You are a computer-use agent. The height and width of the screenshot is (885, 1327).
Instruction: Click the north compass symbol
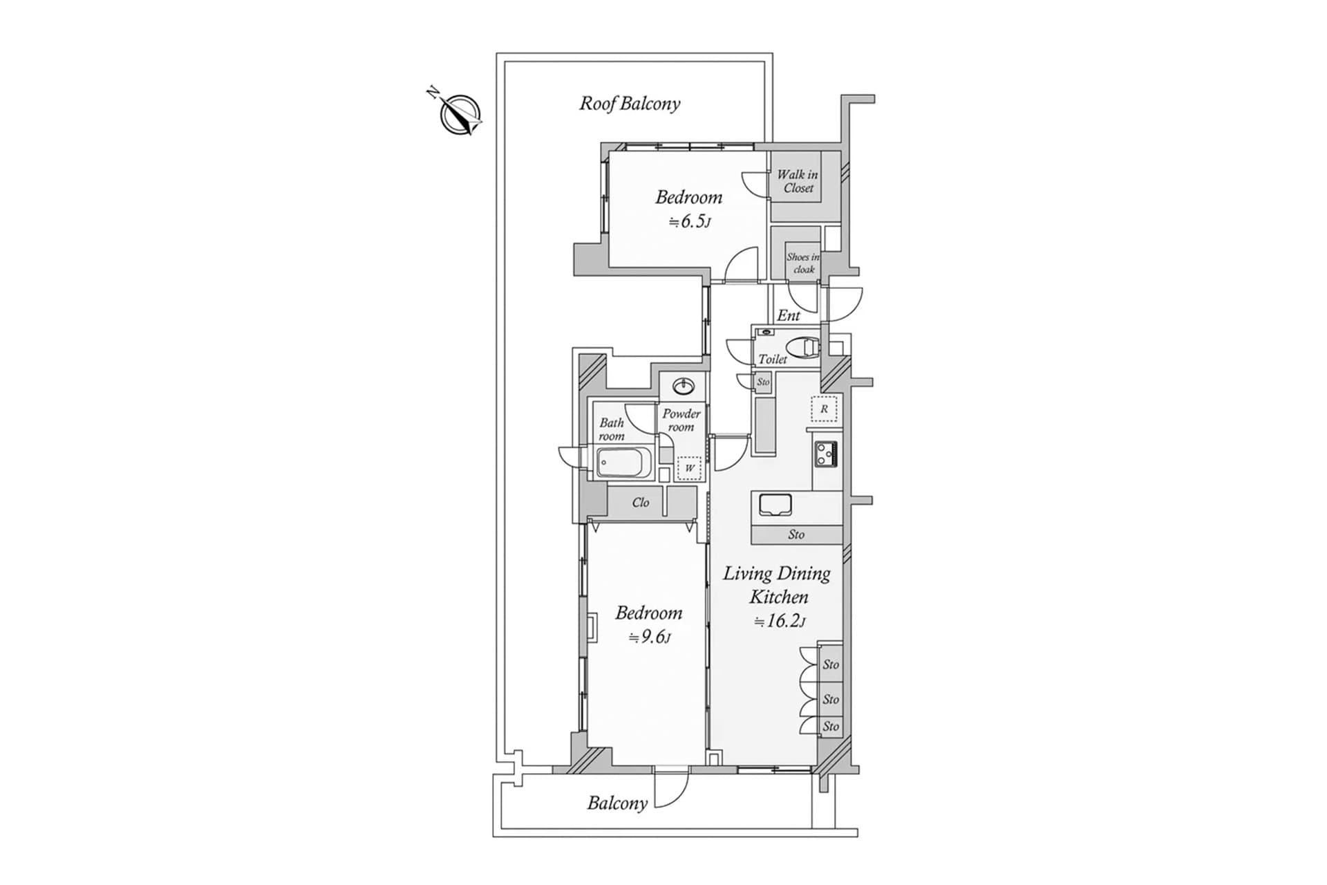pos(460,113)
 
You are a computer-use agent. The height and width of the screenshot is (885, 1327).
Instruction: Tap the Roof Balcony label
pos(630,104)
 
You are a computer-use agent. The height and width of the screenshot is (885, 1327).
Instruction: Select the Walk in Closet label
pos(798,181)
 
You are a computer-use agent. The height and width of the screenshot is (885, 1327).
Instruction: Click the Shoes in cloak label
pos(803,263)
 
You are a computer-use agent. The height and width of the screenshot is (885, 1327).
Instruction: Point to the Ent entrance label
pos(789,315)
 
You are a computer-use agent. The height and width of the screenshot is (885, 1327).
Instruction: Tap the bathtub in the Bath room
pos(624,462)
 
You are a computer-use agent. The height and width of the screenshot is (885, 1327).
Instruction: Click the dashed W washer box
pos(689,468)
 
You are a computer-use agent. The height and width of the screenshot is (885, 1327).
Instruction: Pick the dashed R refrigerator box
pos(824,409)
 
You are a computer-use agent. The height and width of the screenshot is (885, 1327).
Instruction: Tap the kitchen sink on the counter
pos(775,505)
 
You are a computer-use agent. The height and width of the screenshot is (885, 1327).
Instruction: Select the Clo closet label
pos(641,503)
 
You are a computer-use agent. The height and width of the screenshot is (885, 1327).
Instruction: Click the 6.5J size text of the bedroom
pos(690,222)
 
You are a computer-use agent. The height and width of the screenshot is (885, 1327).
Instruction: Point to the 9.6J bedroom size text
pos(650,637)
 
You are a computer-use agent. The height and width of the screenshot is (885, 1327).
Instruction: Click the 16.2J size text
pos(780,621)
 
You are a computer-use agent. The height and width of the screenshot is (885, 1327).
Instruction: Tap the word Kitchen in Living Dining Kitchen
pos(779,597)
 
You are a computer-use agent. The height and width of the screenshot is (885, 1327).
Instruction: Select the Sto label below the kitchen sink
pos(796,534)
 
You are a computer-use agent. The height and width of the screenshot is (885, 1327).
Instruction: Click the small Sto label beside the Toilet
pos(763,382)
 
